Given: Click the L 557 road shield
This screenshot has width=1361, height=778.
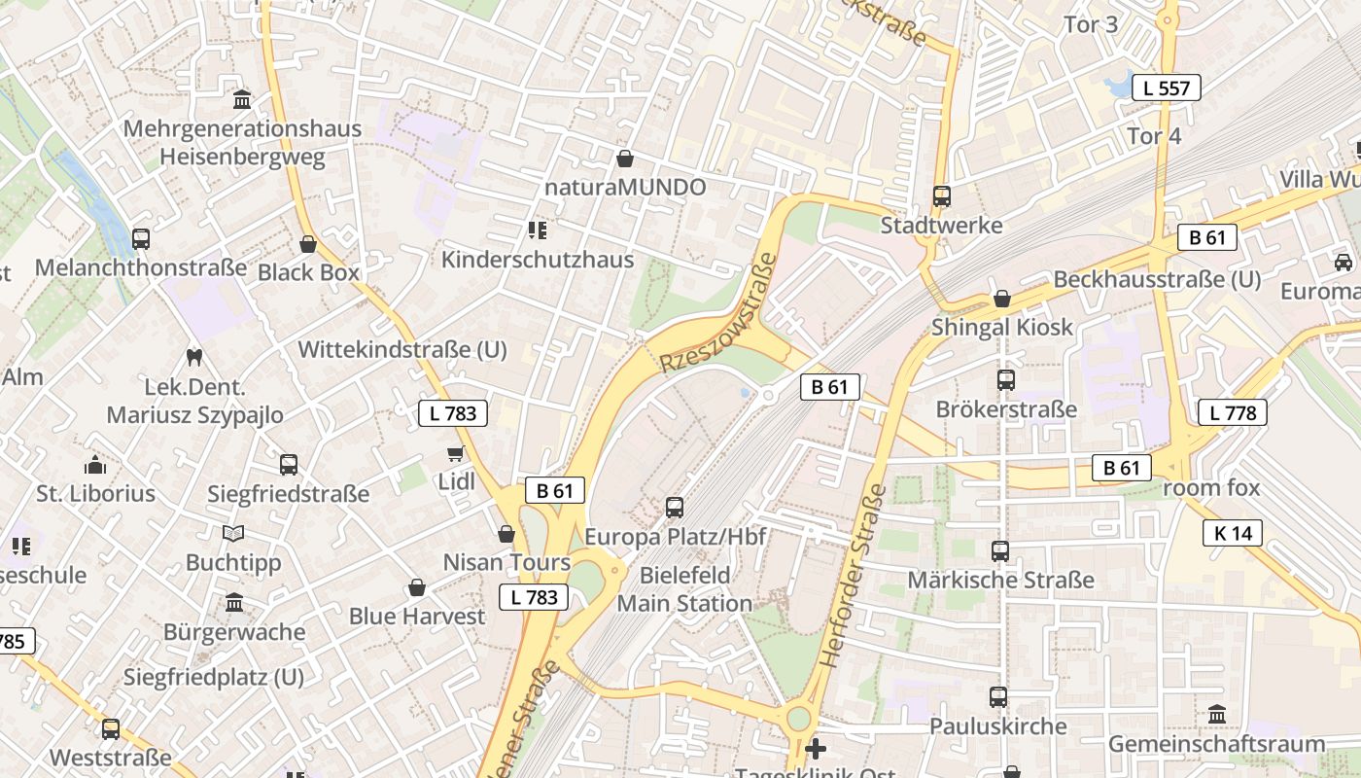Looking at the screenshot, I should pos(1167,88).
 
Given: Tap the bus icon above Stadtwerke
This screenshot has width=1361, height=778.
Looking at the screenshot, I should pos(941,196).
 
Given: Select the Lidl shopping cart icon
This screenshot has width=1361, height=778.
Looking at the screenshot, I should pos(455,453).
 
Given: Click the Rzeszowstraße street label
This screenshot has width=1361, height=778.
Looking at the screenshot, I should pos(719,313).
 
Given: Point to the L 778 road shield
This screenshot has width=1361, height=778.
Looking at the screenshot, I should pos(1233,412).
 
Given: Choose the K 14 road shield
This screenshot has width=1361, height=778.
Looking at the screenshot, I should pos(1233,532).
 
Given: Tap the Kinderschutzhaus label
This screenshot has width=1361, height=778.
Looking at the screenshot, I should pos(538,260).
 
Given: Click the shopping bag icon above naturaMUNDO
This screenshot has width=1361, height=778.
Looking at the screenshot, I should pos(625,158).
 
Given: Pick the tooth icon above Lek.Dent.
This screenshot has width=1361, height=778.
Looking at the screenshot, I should pos(192,358).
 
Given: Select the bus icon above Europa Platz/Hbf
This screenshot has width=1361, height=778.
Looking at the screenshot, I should pos(675,508).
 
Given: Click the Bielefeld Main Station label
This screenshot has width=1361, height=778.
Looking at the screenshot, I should pos(685,589).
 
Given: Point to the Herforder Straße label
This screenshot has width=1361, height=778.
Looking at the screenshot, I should pos(851,575).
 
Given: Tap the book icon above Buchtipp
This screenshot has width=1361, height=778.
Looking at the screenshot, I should pos(233,533).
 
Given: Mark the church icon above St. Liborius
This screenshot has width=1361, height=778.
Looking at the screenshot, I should pos(95,465).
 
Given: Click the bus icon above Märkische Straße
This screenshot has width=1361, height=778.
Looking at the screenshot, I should pos(1000,551).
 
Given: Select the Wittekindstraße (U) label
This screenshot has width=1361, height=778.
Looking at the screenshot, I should pos(402,350).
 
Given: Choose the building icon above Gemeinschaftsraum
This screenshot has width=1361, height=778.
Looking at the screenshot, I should pos(1217,716).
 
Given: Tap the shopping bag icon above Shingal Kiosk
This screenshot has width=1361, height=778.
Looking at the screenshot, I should pos(1001,299).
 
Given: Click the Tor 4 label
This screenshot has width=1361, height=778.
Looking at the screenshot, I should pos(1154,136).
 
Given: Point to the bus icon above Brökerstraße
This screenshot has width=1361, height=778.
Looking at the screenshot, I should pos(1006,380).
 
